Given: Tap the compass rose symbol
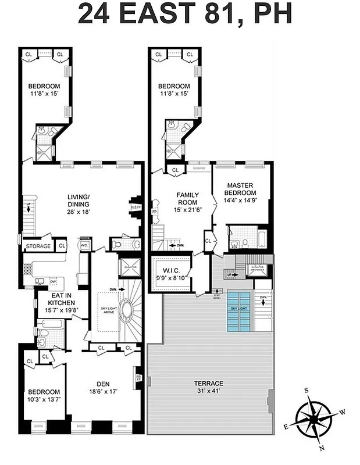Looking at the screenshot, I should click(x=313, y=418).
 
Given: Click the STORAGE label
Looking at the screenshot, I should click(x=38, y=246).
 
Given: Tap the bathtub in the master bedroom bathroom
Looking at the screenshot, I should click(x=261, y=239).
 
